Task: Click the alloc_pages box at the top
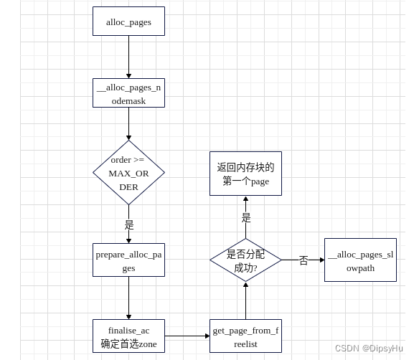pos(128,22)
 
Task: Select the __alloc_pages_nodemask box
pos(128,93)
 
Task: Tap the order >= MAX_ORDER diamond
pos(128,172)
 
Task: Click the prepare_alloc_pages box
pos(128,260)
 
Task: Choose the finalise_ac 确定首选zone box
pos(128,336)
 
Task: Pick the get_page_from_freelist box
pos(245,336)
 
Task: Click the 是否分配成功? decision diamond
pos(245,260)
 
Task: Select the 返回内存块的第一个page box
pos(245,174)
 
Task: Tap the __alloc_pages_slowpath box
pos(360,260)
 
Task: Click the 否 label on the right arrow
pos(304,260)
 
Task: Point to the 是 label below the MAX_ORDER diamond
pos(129,224)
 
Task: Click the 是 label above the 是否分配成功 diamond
pos(246,217)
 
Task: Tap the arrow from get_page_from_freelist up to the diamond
pos(245,301)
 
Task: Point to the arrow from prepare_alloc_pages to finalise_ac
pos(128,298)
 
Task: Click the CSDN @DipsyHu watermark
pos(369,349)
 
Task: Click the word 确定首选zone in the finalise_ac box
pos(128,344)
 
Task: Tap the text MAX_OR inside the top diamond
pos(128,173)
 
